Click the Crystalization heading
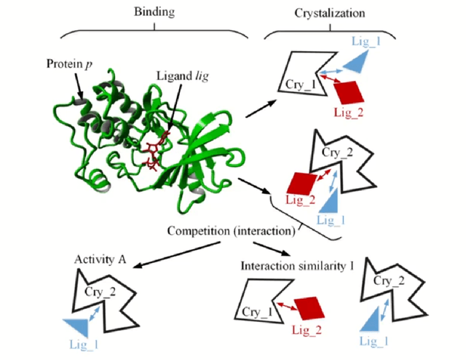point(328,12)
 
